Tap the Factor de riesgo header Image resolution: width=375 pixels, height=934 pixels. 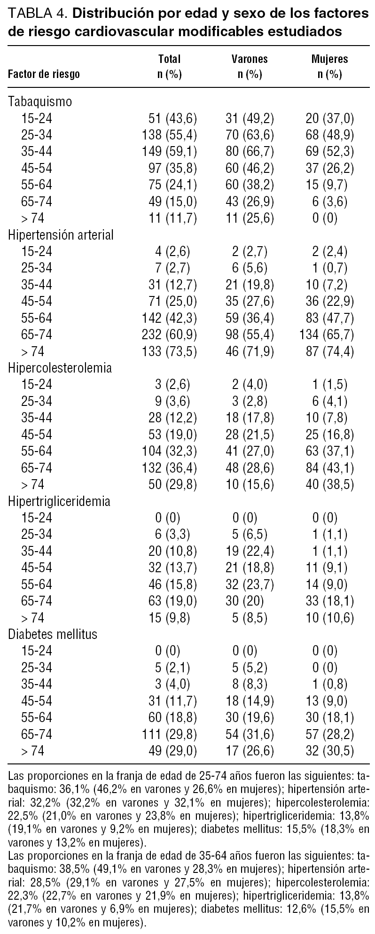[x=44, y=74]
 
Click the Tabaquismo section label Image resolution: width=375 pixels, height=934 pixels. [x=40, y=101]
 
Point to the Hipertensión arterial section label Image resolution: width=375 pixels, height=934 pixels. [x=61, y=235]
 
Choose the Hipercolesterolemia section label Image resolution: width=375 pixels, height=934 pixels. [x=60, y=368]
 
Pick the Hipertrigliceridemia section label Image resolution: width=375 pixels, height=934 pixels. [x=59, y=501]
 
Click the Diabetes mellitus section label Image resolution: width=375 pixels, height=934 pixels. [x=53, y=634]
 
